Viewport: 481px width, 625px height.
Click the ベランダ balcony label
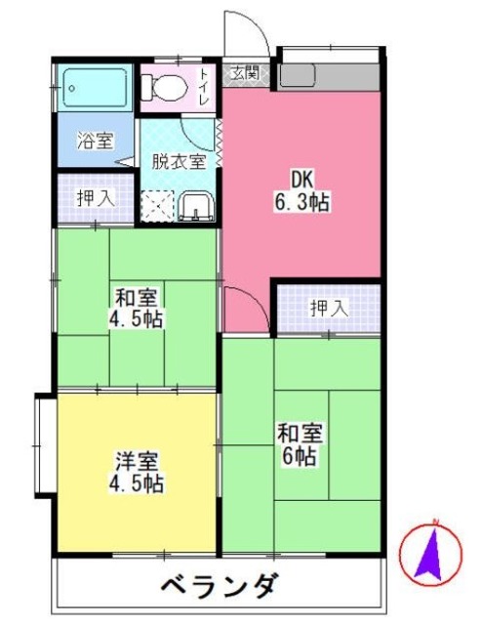[x=220, y=589]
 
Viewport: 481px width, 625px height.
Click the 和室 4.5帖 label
[x=135, y=308]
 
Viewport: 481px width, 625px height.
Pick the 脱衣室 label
[x=177, y=161]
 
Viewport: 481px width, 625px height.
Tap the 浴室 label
[x=94, y=141]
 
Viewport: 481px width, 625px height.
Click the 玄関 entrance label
[x=245, y=73]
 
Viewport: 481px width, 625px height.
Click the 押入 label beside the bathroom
[x=96, y=197]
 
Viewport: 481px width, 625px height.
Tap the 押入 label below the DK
[x=328, y=309]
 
